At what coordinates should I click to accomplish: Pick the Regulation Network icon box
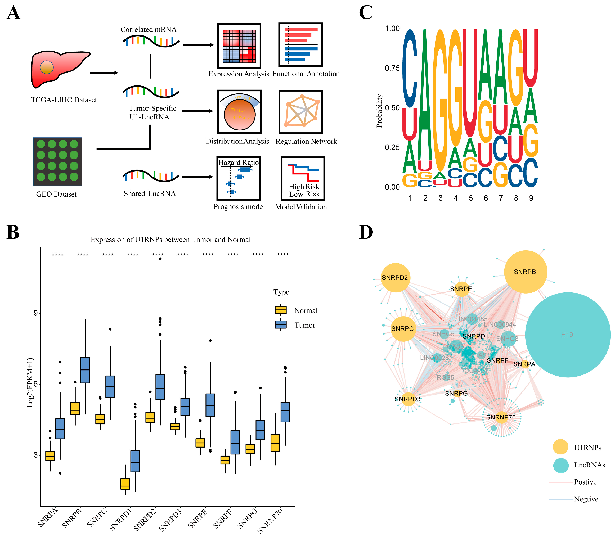coord(301,112)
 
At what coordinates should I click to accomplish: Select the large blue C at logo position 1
coord(409,69)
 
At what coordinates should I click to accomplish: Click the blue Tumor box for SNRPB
coord(85,370)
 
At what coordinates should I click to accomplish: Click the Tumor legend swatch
coord(281,324)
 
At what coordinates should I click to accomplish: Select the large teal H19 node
coord(568,335)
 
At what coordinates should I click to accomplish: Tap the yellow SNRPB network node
coord(525,272)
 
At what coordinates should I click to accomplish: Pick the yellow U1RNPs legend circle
coord(560,448)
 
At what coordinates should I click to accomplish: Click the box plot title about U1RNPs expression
coord(170,240)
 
